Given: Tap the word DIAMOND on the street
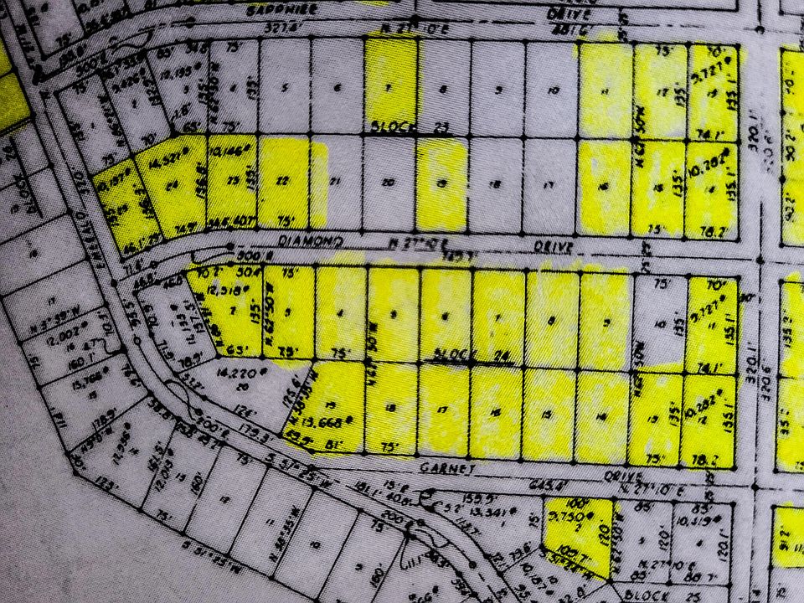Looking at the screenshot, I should coord(312,241).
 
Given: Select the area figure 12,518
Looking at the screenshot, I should coord(216,290).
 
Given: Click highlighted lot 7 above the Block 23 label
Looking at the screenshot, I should coord(391,88).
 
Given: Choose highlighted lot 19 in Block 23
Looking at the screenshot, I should coord(441,184).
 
